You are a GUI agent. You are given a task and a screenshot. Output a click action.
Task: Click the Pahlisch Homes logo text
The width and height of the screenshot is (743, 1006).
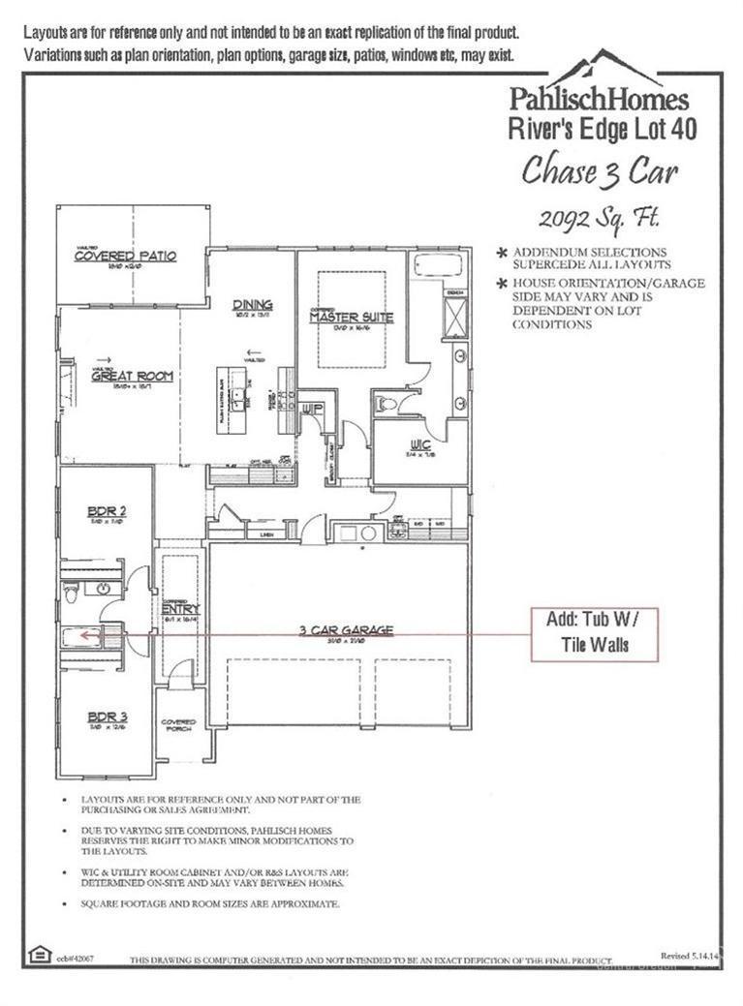tap(599, 99)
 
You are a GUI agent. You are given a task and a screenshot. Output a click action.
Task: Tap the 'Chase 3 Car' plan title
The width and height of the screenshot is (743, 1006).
tap(600, 171)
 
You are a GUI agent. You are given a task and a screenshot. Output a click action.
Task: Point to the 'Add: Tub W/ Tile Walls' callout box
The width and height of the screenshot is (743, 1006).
tap(595, 634)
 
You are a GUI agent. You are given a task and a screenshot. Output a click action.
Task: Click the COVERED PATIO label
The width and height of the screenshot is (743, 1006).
tap(126, 257)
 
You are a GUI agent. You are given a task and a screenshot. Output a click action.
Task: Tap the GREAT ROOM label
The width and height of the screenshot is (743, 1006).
tap(132, 377)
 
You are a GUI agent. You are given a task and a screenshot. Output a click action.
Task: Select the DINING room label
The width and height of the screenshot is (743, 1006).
tap(252, 305)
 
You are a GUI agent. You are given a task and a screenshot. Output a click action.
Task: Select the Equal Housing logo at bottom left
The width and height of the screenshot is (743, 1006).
tap(39, 953)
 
